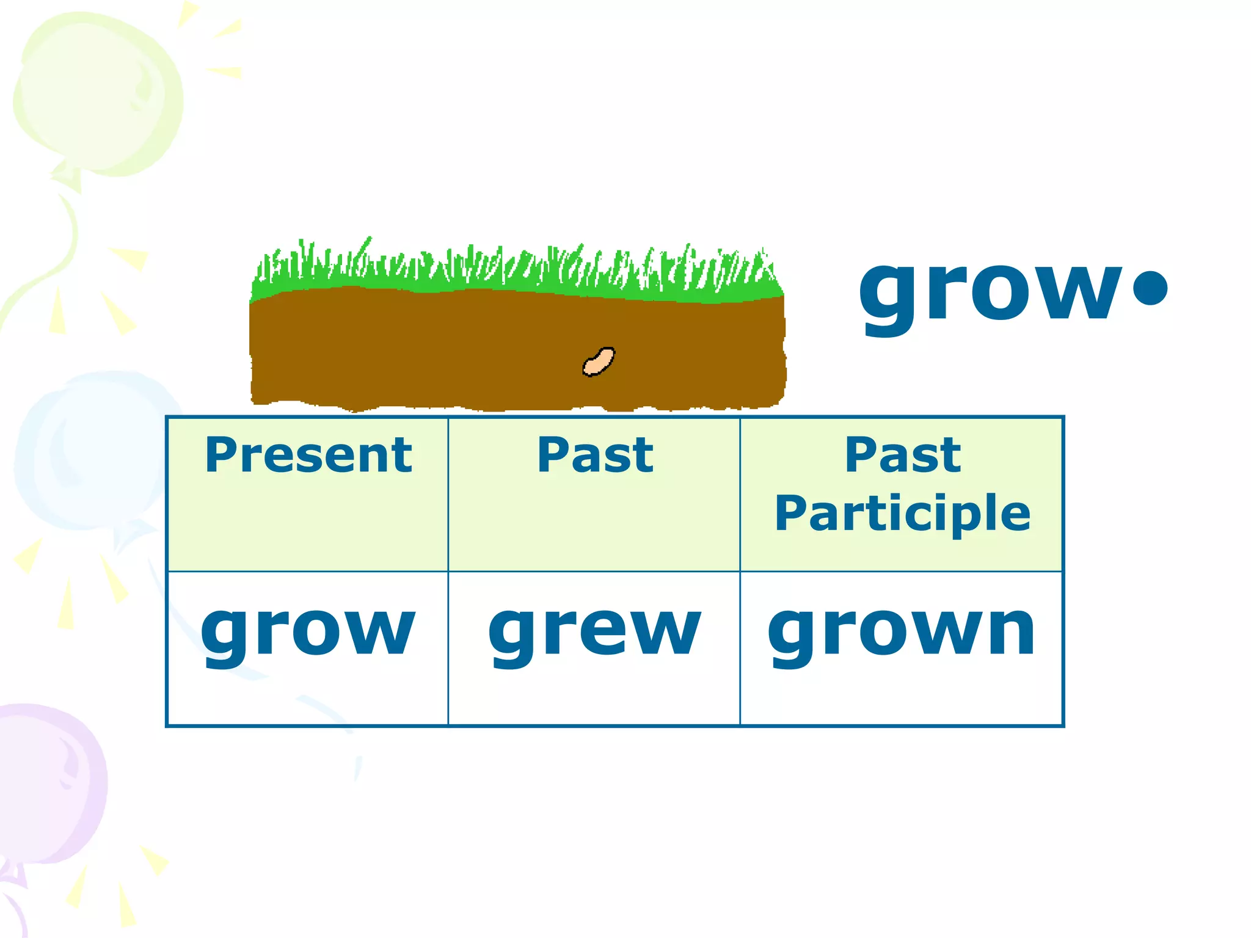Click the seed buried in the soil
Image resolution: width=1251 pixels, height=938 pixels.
[x=599, y=362]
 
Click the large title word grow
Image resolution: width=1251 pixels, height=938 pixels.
[x=990, y=290]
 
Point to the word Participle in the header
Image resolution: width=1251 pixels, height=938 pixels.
[x=902, y=513]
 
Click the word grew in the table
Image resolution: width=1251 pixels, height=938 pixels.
[x=594, y=632]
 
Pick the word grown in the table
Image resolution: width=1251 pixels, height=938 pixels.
[x=902, y=632]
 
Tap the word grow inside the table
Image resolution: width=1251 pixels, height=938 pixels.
[x=308, y=632]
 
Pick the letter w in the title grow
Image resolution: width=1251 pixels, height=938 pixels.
[x=1078, y=290]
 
